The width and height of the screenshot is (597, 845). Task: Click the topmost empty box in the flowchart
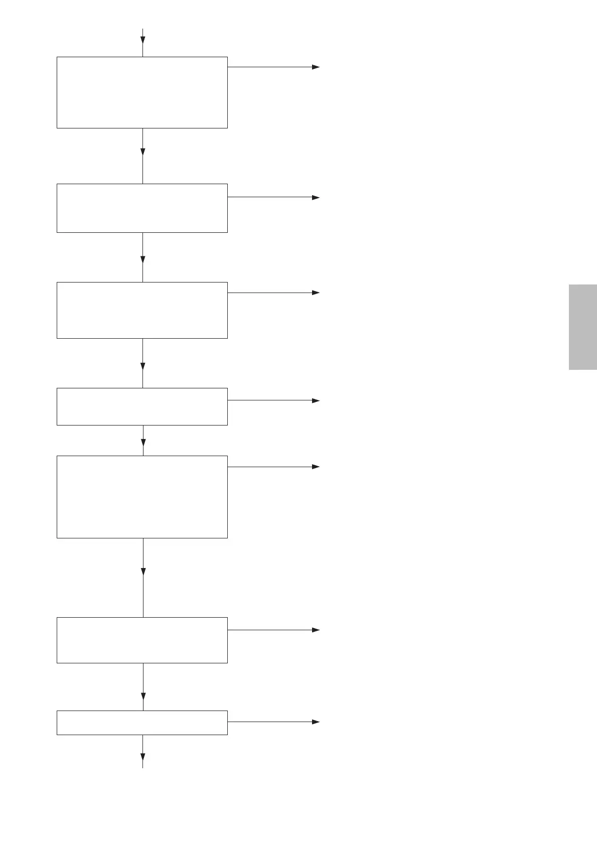click(x=142, y=92)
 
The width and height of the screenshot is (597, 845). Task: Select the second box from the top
click(x=142, y=208)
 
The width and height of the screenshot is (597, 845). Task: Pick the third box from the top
click(x=142, y=310)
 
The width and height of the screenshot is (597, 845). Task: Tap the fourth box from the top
click(x=142, y=406)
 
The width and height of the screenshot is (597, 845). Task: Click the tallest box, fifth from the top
click(x=142, y=497)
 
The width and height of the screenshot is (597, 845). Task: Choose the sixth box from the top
click(x=142, y=640)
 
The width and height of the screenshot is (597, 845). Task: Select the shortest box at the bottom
click(x=142, y=723)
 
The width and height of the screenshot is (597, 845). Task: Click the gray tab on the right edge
click(x=583, y=327)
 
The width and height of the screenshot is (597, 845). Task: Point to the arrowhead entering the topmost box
click(x=143, y=40)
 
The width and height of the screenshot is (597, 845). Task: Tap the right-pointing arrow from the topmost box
click(x=316, y=67)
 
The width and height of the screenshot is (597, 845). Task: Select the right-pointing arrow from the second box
click(x=316, y=198)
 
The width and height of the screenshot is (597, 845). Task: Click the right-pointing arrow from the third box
click(x=316, y=293)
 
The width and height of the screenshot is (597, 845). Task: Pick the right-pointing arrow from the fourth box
click(x=316, y=400)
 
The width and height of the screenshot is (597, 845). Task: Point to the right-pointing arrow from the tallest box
click(x=316, y=467)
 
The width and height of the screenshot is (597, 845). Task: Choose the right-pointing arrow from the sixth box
click(x=316, y=630)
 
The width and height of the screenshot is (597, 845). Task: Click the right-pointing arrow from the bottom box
click(x=316, y=722)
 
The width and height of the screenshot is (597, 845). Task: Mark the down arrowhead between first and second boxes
click(x=143, y=152)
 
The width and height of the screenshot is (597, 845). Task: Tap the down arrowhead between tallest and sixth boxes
click(x=143, y=572)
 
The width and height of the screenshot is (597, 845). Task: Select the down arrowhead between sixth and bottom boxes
click(x=143, y=696)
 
